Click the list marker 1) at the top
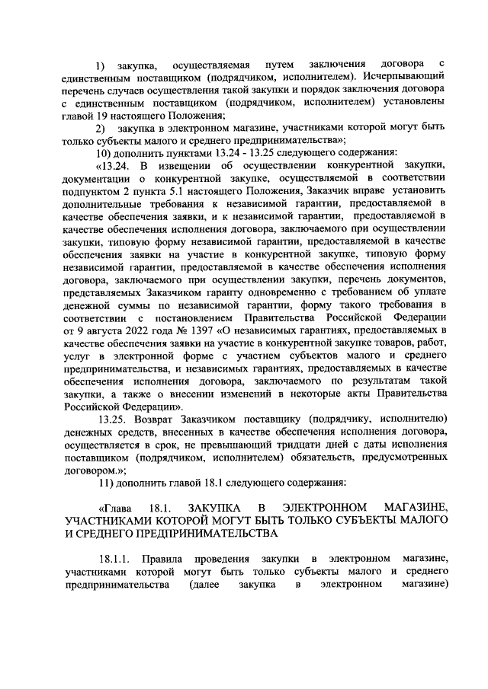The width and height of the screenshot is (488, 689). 100,62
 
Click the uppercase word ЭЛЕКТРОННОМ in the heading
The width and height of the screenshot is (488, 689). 325,507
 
